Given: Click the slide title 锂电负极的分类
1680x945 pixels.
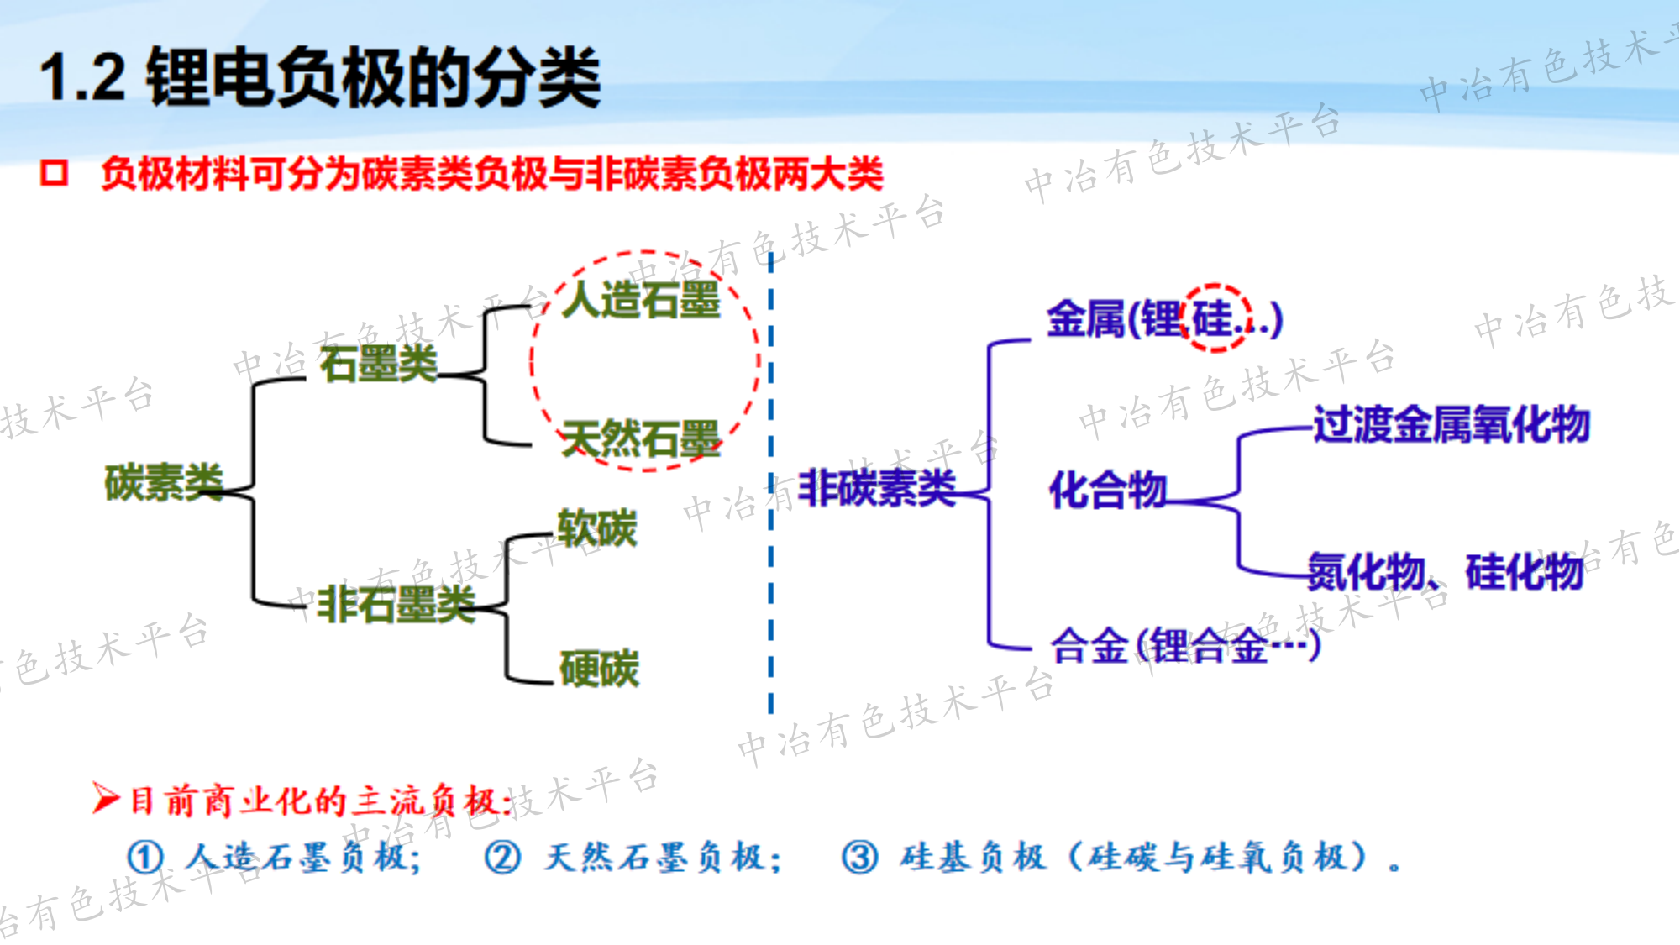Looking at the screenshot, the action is [374, 77].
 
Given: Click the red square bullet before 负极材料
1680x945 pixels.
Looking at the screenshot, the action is [54, 173].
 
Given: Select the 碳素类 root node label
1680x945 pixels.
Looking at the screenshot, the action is [164, 482].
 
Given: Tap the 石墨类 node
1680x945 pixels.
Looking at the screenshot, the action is [379, 364].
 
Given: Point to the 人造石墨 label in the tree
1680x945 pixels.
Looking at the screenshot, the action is [641, 299].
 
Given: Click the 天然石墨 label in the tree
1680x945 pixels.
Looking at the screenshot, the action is [641, 439].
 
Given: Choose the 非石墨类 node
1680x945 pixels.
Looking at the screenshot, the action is [396, 604].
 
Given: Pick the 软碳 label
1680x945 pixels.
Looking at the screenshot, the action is [597, 528].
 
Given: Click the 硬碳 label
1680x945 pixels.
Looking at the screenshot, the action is [599, 669].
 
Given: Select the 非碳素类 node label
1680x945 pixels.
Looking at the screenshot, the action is [877, 487].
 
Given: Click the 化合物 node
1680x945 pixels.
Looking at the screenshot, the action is [1108, 489].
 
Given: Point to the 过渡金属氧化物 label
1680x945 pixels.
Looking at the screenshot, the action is [1452, 423].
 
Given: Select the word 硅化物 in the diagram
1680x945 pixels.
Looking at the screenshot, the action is [1525, 572].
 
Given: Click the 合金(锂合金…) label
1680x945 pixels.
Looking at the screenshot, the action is [1185, 645].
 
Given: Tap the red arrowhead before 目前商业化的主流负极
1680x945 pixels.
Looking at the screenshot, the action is [106, 798].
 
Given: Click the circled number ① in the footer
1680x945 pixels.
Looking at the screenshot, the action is [145, 858].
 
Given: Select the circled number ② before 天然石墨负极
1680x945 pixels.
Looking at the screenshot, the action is [503, 858].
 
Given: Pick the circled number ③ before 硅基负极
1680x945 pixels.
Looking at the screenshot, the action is [860, 858].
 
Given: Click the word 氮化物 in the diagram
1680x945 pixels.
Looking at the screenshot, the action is [1366, 572].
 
